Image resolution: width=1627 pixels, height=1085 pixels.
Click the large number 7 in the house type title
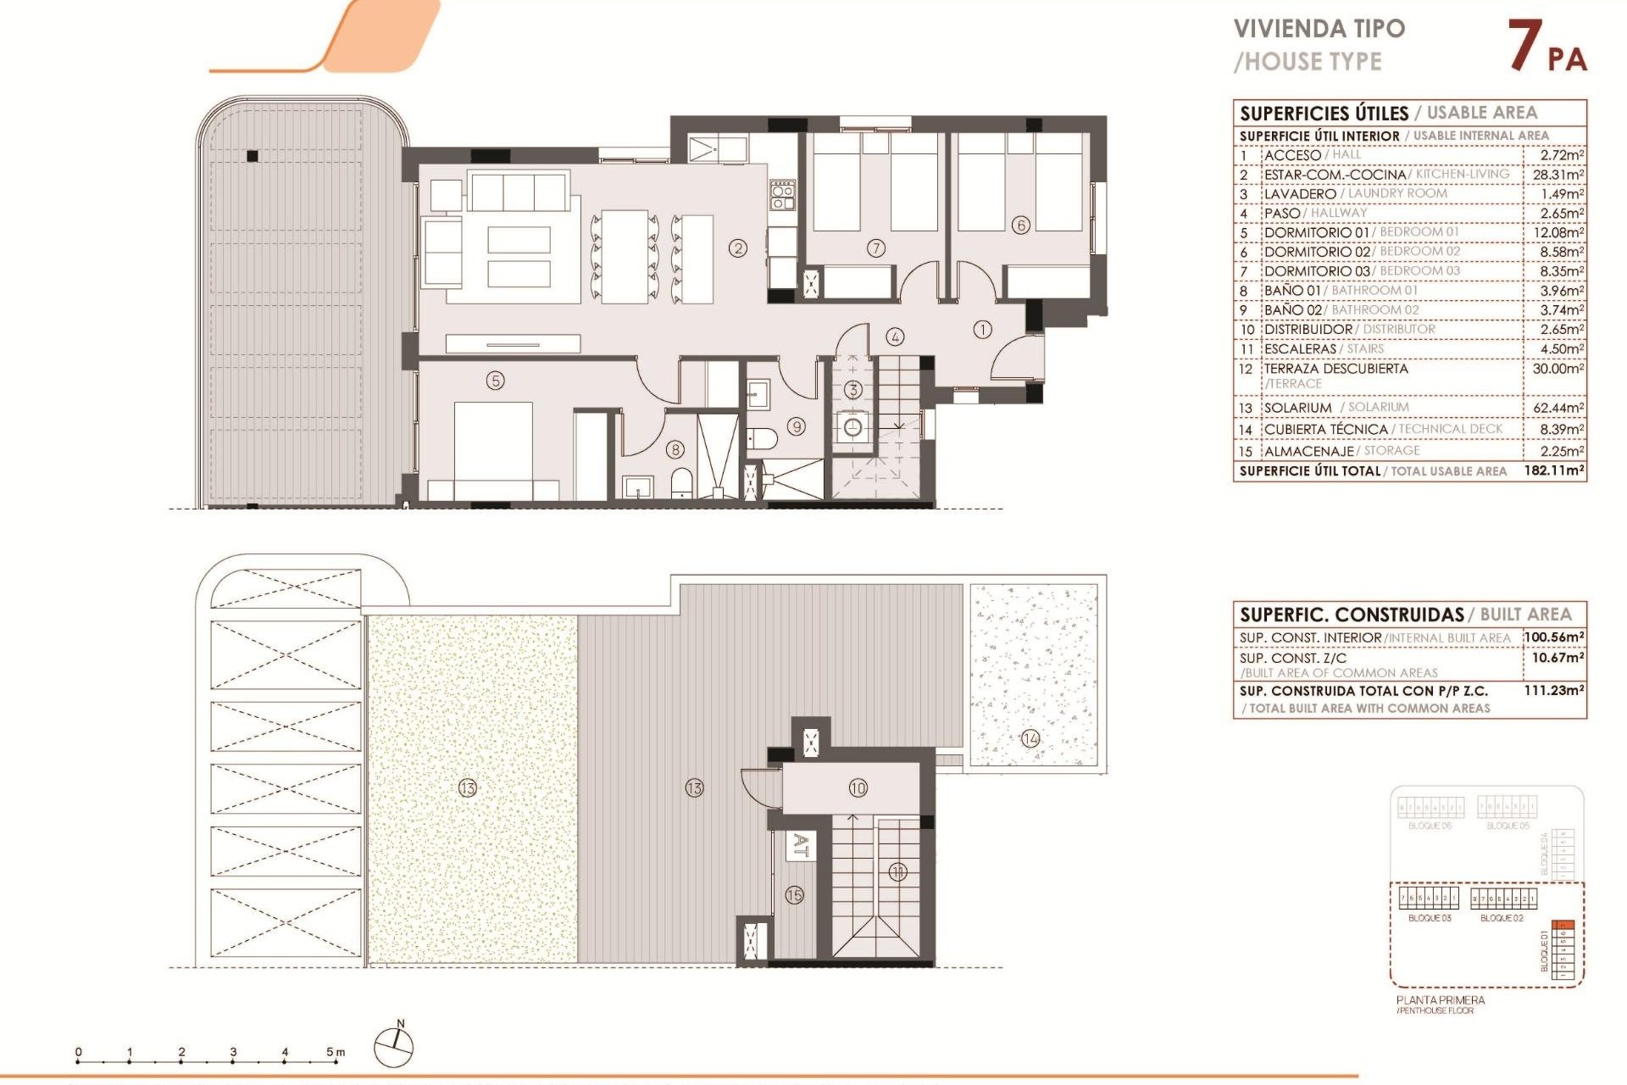(1524, 46)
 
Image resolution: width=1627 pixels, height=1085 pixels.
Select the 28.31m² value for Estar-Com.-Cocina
(1558, 175)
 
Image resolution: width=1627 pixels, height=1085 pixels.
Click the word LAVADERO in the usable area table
(1299, 194)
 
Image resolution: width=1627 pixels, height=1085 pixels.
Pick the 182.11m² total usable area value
(1553, 470)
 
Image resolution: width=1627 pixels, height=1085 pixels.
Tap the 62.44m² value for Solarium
(1558, 408)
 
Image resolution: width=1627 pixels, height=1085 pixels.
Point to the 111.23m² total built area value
(1553, 691)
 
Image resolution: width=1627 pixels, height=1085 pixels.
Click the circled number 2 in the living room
(738, 248)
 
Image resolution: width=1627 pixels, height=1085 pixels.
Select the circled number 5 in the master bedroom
(496, 381)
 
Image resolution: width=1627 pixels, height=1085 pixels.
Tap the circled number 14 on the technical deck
(1030, 738)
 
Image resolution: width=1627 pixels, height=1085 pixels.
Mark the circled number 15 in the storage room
(794, 895)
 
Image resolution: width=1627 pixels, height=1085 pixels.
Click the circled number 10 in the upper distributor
(858, 788)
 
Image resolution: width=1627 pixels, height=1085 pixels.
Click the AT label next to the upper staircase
(800, 845)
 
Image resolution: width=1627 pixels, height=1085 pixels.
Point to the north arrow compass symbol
(394, 1046)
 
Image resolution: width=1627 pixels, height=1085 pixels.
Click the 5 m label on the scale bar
(336, 1052)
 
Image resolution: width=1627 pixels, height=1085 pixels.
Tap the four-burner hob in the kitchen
(782, 195)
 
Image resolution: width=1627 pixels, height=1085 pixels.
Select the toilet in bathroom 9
(764, 438)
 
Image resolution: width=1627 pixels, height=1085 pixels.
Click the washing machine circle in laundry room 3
(852, 427)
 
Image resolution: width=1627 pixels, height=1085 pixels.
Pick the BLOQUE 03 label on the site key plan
(1430, 918)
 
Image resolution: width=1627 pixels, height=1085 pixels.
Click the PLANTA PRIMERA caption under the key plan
(1441, 1000)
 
